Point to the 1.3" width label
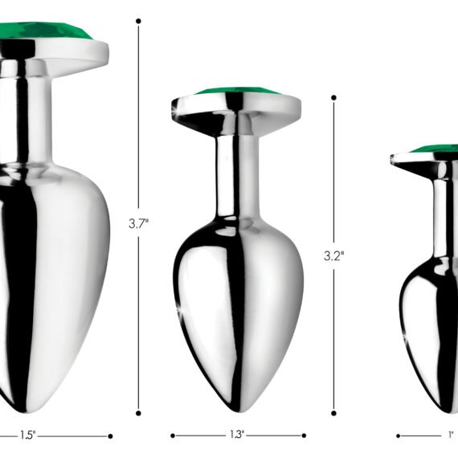pyautogui.click(x=236, y=436)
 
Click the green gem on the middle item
pyautogui.click(x=236, y=92)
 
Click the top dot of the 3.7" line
pyautogui.click(x=138, y=21)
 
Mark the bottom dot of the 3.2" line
pyautogui.click(x=333, y=414)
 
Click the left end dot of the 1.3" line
pyautogui.click(x=172, y=436)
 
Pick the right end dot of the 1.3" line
pyautogui.click(x=304, y=436)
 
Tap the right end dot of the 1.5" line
pyautogui.click(x=110, y=436)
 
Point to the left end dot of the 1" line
pyautogui.click(x=398, y=436)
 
